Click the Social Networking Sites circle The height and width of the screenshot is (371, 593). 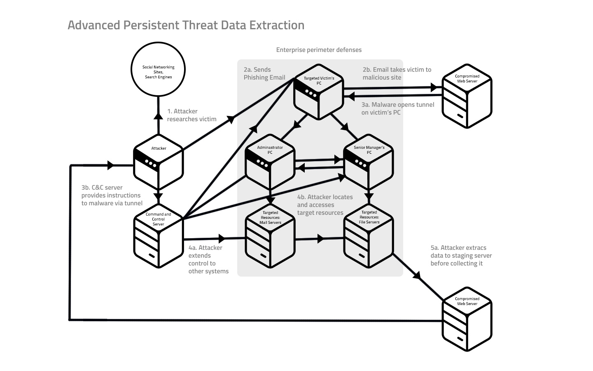click(x=158, y=69)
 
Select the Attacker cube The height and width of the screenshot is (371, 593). click(x=158, y=162)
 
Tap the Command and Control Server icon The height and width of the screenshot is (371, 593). click(x=158, y=236)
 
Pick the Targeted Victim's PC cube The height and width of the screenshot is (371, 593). click(x=319, y=92)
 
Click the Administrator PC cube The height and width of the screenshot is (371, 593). click(x=270, y=162)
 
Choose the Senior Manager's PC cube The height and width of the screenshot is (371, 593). click(x=369, y=162)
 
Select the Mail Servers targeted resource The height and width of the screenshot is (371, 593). click(x=270, y=236)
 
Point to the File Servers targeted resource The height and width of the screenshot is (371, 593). click(x=369, y=236)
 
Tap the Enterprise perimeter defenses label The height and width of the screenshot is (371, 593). click(x=319, y=50)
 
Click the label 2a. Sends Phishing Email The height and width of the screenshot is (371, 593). click(x=264, y=73)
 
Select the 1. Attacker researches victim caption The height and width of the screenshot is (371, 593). click(x=191, y=115)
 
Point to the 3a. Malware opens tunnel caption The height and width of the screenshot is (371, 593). click(x=398, y=108)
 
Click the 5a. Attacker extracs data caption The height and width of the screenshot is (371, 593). click(x=461, y=256)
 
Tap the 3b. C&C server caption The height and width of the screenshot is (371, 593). click(x=112, y=195)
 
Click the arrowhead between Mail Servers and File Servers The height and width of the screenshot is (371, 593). click(x=320, y=239)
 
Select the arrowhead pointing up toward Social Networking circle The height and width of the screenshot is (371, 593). click(x=158, y=116)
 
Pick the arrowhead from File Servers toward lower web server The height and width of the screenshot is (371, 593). click(x=417, y=276)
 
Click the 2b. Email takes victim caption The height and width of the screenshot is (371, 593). click(x=397, y=73)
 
